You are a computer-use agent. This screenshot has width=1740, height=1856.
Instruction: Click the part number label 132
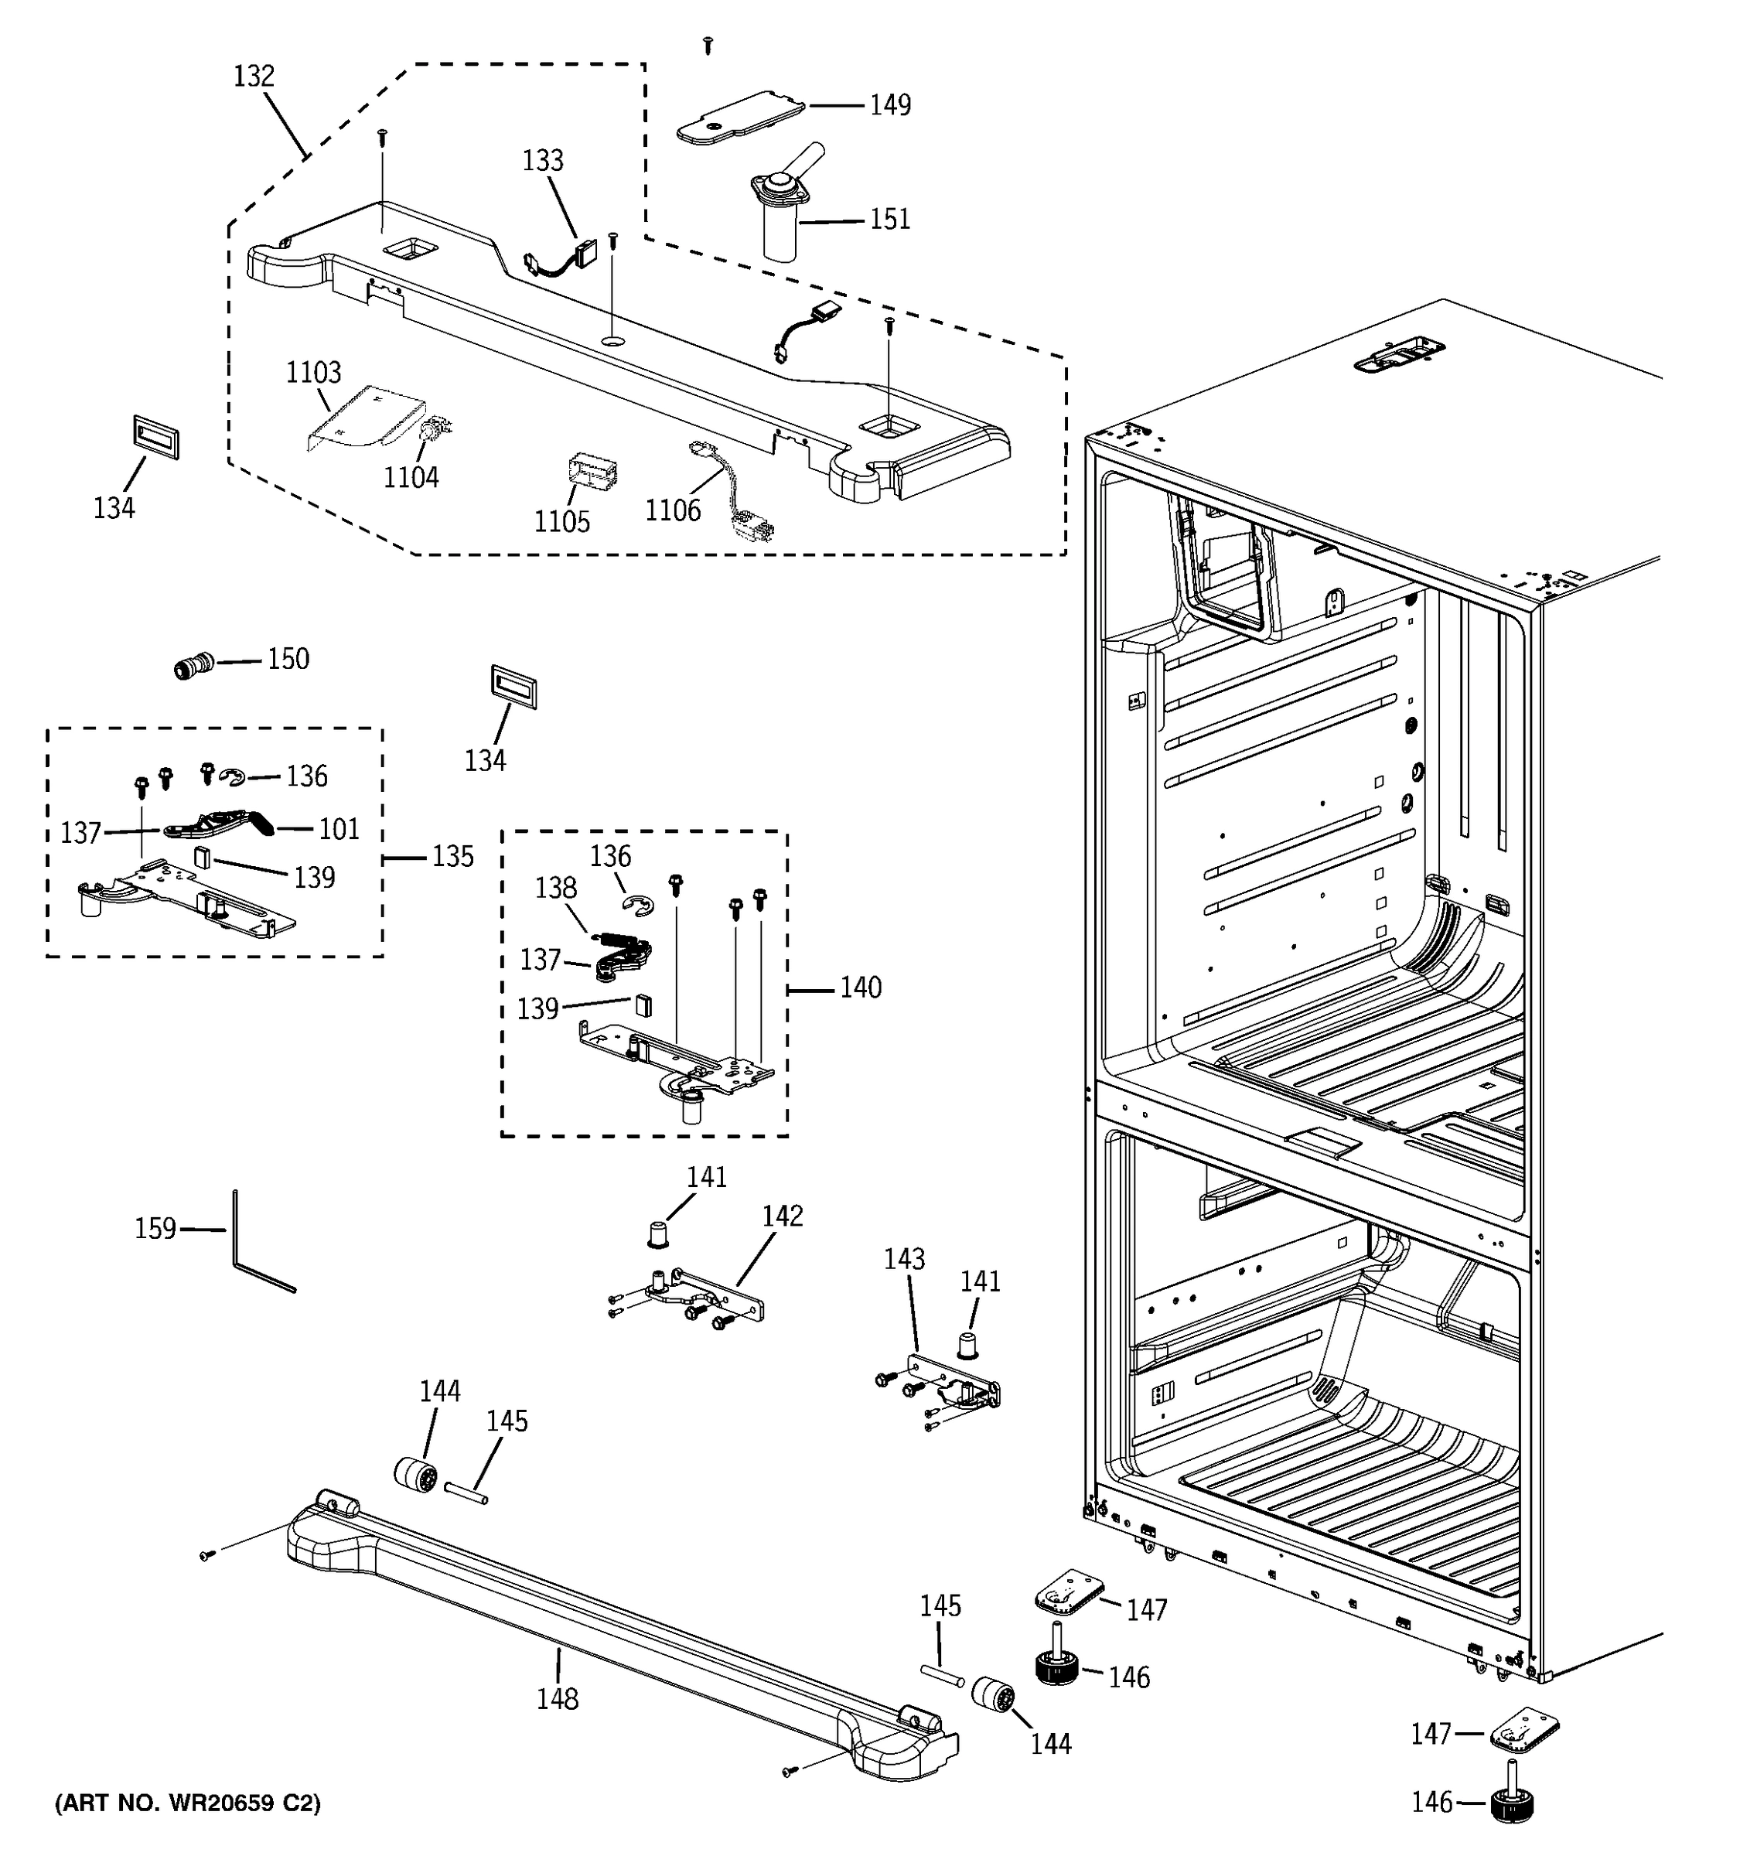[253, 77]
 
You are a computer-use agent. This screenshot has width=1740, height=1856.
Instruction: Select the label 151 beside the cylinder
[889, 220]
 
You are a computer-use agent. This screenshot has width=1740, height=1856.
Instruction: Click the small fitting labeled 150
[194, 667]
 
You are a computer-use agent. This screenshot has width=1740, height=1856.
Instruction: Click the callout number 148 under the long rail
[558, 1699]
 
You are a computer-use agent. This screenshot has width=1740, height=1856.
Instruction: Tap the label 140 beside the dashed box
[860, 988]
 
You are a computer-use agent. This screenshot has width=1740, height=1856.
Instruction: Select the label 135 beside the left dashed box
[452, 856]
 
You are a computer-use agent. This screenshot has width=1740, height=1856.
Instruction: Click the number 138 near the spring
[555, 887]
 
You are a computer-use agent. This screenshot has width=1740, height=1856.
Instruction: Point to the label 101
[339, 829]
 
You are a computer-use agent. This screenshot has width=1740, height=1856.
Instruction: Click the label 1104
[411, 477]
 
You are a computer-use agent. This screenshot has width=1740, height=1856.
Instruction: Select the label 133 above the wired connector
[542, 161]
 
